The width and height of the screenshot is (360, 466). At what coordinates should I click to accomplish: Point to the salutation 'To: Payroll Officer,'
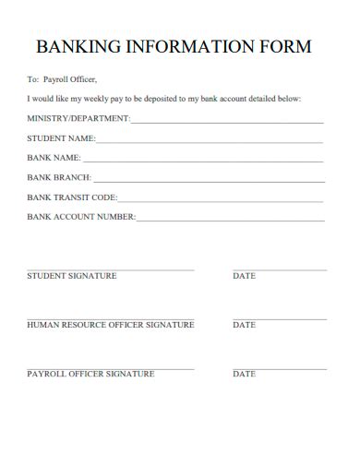tap(62, 79)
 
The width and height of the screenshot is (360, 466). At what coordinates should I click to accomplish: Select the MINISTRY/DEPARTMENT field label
tap(78, 119)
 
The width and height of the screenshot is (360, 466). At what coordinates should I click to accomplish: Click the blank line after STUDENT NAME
tap(210, 142)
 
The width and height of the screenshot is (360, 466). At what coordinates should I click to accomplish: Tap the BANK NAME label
tap(54, 159)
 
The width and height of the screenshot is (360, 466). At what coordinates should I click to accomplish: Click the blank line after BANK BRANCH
tap(208, 181)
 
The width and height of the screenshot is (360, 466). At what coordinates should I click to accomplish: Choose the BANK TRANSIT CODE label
tap(72, 197)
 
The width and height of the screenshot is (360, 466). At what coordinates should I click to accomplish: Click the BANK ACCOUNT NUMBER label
tap(81, 218)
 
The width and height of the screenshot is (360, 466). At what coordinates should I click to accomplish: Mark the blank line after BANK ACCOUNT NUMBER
tap(230, 221)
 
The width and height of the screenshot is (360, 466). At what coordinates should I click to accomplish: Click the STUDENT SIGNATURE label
tap(72, 276)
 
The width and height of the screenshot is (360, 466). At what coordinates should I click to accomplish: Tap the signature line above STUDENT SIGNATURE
tap(111, 269)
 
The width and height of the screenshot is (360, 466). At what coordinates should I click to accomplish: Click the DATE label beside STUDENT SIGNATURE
tap(245, 276)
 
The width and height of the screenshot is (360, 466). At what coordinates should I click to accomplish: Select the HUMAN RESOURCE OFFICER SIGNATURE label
tap(111, 325)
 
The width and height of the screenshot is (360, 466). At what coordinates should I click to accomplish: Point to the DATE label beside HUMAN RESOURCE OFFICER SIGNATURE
tap(245, 325)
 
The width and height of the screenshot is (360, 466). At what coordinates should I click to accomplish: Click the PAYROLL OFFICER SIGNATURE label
tap(91, 374)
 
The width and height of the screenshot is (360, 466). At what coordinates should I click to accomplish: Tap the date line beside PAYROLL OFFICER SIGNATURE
tap(280, 367)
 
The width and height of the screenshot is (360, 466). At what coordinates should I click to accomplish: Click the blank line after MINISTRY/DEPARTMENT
tap(227, 122)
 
